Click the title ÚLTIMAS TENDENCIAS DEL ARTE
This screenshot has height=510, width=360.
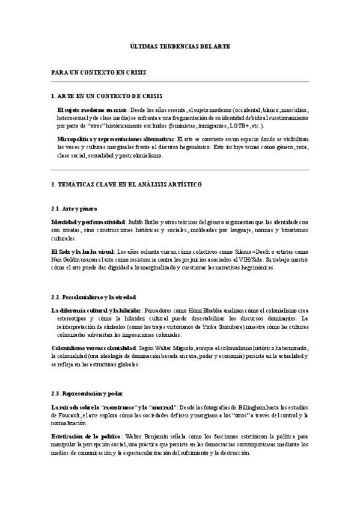coord(180,46)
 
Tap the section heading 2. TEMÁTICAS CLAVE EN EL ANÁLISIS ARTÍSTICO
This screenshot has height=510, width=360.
coord(126,183)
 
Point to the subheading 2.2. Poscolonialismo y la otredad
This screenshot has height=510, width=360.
coord(94,296)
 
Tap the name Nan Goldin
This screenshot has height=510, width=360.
coord(64,259)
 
